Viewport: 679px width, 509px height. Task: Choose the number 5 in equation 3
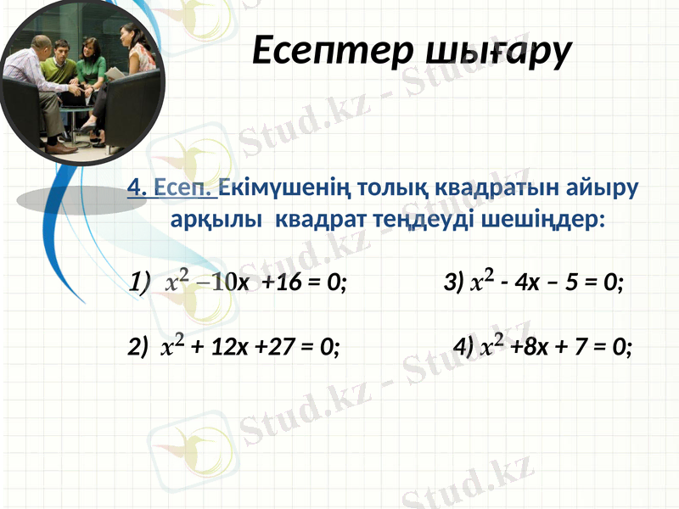click(576, 282)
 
